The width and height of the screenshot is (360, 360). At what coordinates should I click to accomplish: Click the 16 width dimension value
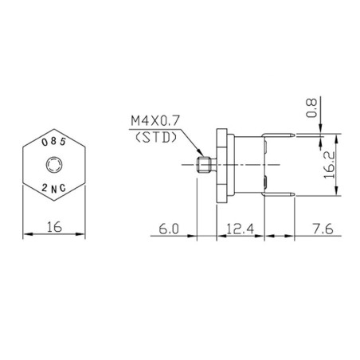(x=53, y=227)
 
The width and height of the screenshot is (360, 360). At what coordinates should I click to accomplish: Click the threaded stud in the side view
(x=203, y=165)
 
